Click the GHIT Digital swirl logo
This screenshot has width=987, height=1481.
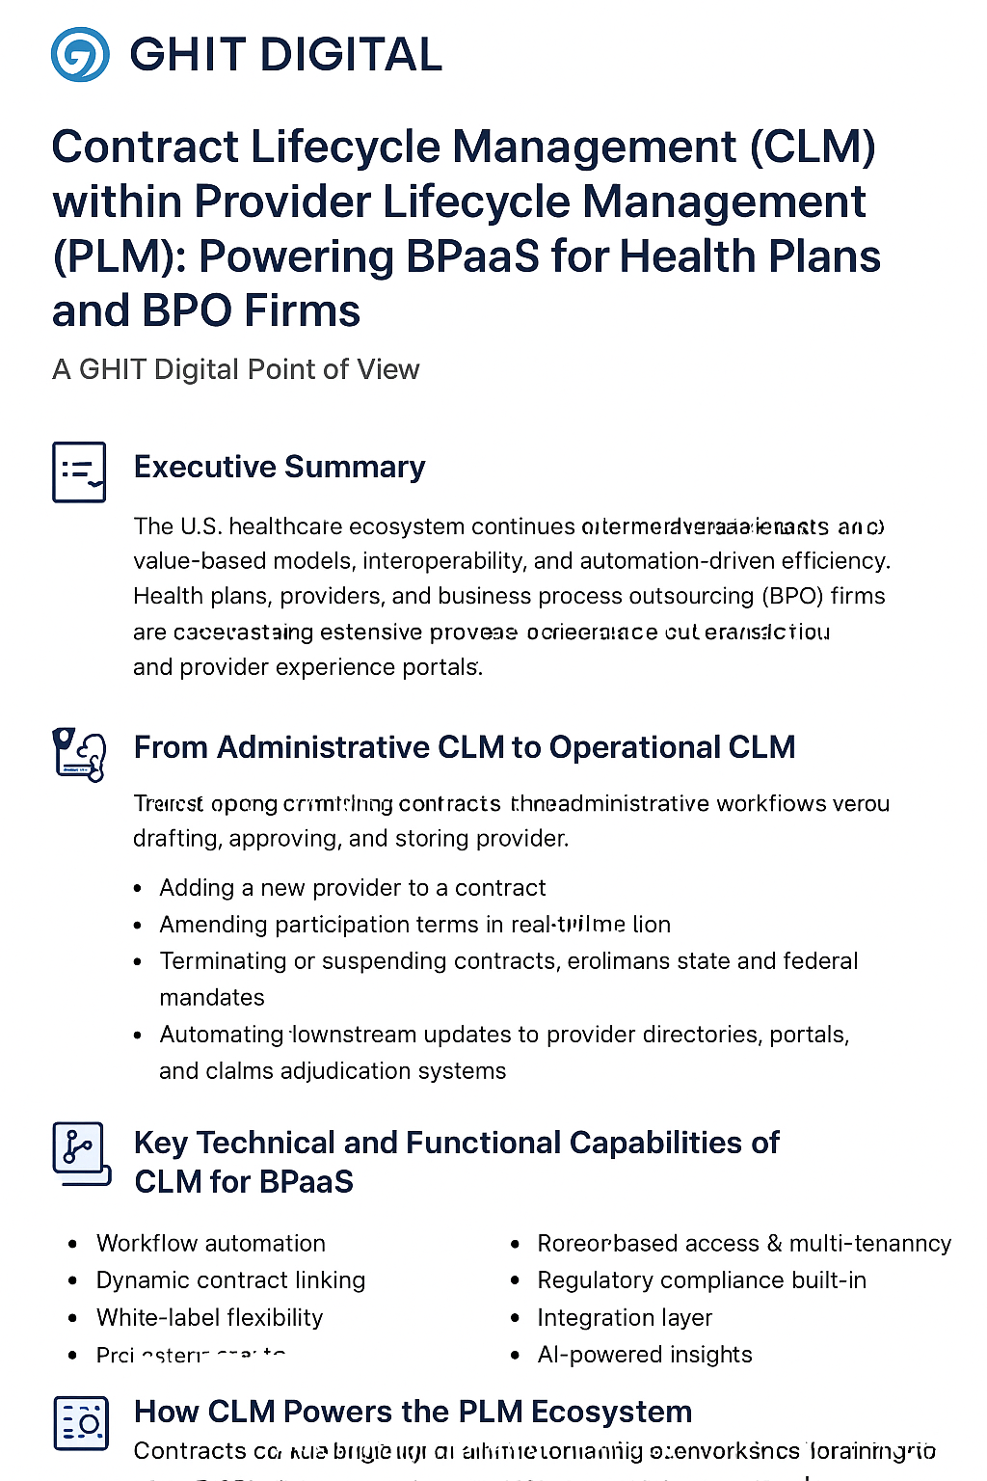click(x=79, y=54)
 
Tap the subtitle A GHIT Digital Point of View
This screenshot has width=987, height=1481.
click(x=235, y=369)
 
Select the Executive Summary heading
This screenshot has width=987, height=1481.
click(x=280, y=467)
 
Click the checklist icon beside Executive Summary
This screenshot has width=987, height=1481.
click(x=79, y=471)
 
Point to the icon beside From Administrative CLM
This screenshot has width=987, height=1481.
click(x=78, y=753)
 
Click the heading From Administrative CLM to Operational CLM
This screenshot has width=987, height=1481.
click(x=464, y=747)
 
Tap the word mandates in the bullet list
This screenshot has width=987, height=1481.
click(x=212, y=997)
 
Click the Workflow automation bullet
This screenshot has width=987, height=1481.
click(x=210, y=1243)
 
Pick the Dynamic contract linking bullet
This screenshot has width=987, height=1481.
click(x=230, y=1280)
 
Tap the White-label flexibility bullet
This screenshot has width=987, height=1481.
click(x=209, y=1317)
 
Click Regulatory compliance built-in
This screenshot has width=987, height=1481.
click(x=701, y=1280)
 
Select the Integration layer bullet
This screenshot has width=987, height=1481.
click(x=624, y=1317)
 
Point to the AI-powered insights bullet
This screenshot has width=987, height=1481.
click(x=644, y=1355)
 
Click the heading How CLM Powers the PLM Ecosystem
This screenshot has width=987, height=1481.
click(x=413, y=1412)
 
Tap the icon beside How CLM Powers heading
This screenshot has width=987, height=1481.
click(x=80, y=1423)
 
